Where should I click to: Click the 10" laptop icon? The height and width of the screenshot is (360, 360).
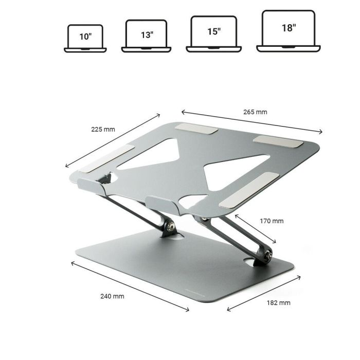(85, 38)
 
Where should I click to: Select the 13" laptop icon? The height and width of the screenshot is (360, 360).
(147, 36)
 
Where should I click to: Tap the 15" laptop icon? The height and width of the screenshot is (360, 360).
(213, 33)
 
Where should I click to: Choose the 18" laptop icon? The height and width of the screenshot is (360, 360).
(288, 31)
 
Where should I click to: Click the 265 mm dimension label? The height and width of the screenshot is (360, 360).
(256, 112)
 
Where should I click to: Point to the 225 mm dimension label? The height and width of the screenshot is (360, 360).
(103, 129)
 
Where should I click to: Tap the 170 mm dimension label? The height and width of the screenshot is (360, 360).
(272, 221)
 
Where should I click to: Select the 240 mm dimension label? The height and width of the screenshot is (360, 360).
(112, 296)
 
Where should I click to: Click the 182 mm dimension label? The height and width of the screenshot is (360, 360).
(278, 303)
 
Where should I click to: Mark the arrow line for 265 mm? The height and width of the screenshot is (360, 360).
(251, 121)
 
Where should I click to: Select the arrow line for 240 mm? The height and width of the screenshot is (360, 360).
(130, 286)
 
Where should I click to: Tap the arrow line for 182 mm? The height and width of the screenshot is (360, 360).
(264, 293)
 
